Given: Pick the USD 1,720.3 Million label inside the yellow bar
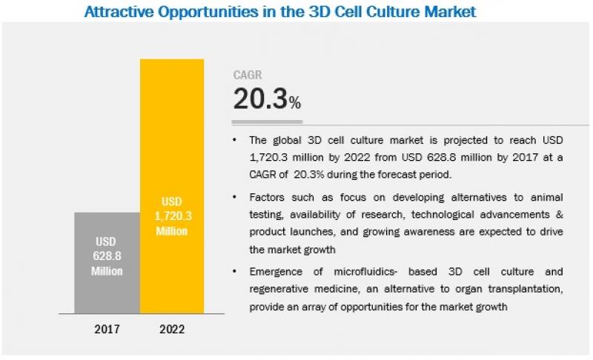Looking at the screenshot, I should coord(171,216).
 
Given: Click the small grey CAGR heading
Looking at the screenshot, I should coord(248,75).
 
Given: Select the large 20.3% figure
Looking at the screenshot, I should coord(267,99).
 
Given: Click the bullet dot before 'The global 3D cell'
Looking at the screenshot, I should coord(235,140).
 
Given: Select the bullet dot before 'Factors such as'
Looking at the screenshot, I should coord(235,197).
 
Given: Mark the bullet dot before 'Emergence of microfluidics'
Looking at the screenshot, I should coord(235,271).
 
